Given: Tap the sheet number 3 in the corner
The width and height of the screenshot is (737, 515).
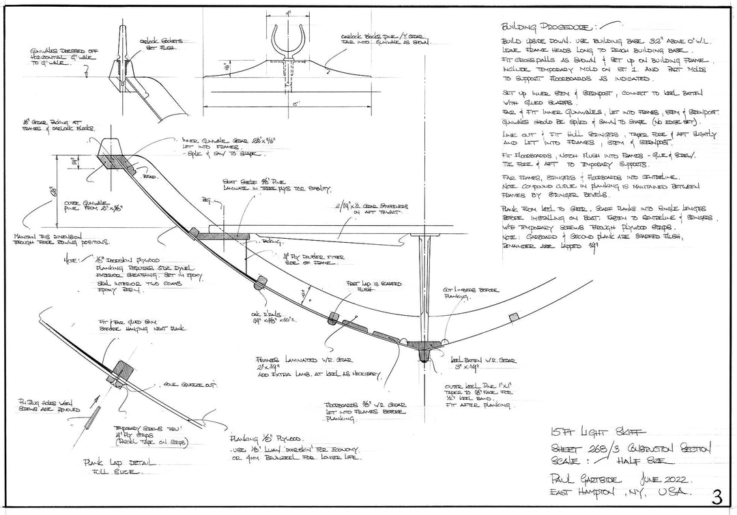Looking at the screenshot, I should pyautogui.click(x=717, y=495).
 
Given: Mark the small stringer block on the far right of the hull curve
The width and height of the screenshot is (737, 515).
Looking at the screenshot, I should pyautogui.click(x=514, y=317).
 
